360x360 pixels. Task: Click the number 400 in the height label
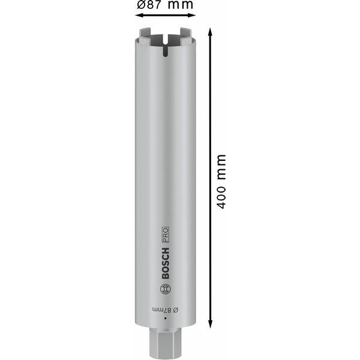click(x=221, y=196)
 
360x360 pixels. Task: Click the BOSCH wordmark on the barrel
click(x=166, y=262)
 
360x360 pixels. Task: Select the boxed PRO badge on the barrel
click(x=166, y=234)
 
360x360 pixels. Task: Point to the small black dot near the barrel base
click(x=165, y=324)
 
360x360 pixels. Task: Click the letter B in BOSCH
click(x=166, y=275)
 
